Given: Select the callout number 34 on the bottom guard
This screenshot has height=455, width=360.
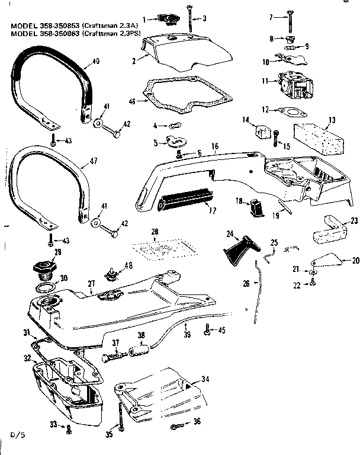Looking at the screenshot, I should [x=204, y=379].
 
